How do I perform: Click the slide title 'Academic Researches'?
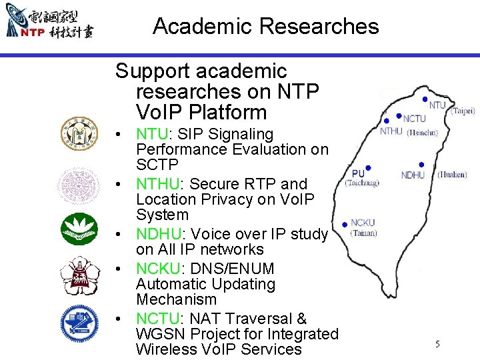point(265,27)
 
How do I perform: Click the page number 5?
point(437,344)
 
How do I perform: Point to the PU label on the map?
point(358,173)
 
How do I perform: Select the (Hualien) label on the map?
point(452,175)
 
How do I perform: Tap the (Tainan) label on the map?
point(363,233)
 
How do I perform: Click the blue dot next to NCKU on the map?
point(344,224)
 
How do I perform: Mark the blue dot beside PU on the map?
point(369,168)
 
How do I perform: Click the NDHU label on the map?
point(413,175)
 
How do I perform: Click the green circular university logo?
point(79,229)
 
